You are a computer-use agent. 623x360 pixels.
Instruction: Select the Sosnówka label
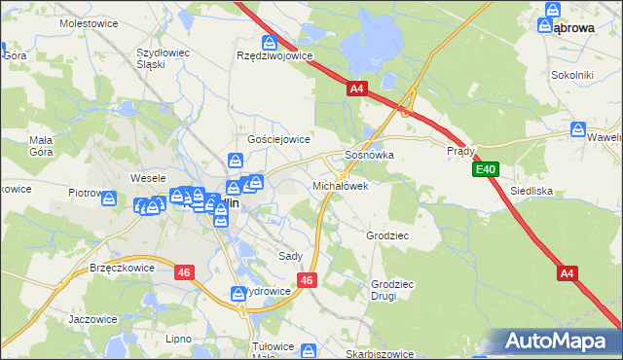click(x=369, y=155)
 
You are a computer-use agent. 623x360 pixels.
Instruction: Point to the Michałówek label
click(x=340, y=185)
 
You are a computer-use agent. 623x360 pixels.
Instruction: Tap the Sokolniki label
click(x=571, y=74)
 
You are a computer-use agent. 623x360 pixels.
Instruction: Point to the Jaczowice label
click(x=93, y=318)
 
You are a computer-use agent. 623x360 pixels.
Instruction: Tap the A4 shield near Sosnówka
click(x=356, y=89)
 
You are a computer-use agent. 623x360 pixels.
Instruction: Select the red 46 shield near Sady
click(x=307, y=280)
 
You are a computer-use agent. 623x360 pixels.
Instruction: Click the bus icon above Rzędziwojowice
click(x=270, y=42)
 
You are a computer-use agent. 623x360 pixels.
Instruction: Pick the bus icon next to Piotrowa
click(x=110, y=198)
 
